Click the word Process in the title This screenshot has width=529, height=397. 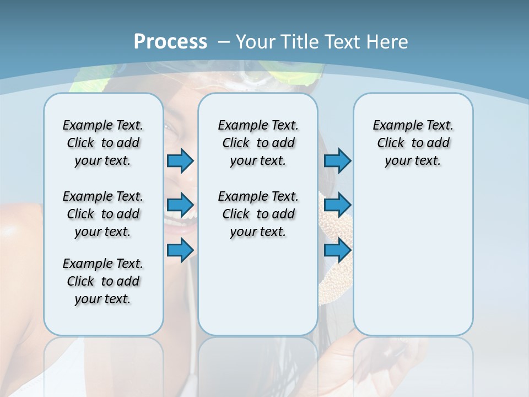pos(170,42)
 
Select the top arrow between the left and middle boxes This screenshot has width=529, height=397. pos(180,160)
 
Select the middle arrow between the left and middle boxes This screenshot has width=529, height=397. pos(180,205)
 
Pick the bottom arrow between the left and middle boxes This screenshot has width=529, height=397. pos(180,250)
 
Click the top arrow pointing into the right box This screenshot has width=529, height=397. pos(337,160)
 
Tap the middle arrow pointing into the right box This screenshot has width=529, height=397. pos(337,205)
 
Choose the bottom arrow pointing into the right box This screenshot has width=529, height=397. pos(337,250)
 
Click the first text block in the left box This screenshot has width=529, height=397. pos(103,143)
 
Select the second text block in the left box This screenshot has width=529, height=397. pos(103,214)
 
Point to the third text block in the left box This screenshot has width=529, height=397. pos(103,281)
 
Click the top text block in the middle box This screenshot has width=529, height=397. pos(258,143)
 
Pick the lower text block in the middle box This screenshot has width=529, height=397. pos(258,214)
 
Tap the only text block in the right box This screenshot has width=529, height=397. pos(413,143)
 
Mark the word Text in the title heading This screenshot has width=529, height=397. pos(343,42)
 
